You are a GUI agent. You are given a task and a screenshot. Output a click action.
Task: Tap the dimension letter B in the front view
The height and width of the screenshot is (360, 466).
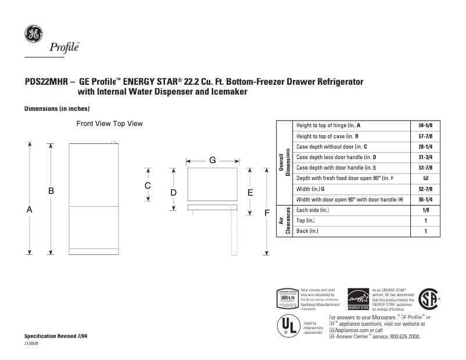pyautogui.click(x=51, y=190)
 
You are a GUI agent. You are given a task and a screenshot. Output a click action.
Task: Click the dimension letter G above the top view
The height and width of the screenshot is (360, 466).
pyautogui.click(x=213, y=160)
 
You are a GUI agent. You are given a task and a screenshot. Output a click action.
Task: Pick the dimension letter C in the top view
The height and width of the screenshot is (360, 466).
pyautogui.click(x=148, y=185)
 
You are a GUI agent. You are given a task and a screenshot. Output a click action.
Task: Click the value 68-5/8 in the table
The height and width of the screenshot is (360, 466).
pyautogui.click(x=425, y=125)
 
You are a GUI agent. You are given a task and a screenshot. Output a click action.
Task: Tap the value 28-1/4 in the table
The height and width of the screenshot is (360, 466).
pyautogui.click(x=425, y=146)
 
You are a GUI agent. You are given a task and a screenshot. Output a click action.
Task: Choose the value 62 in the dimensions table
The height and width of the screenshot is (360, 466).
pyautogui.click(x=425, y=178)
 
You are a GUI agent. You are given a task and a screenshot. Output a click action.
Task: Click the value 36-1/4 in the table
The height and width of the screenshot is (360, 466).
pyautogui.click(x=425, y=199)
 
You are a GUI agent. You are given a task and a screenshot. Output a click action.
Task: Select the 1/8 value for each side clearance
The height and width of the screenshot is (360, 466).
pyautogui.click(x=425, y=210)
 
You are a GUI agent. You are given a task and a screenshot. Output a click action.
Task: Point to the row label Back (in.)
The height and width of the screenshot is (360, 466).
pyautogui.click(x=309, y=231)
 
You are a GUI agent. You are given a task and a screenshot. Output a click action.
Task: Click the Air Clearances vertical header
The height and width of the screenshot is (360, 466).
pyautogui.click(x=284, y=221)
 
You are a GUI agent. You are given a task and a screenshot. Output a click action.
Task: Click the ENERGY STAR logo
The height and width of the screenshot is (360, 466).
pyautogui.click(x=358, y=299)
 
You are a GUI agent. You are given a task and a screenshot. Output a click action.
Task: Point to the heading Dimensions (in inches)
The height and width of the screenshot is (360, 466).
pyautogui.click(x=56, y=109)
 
